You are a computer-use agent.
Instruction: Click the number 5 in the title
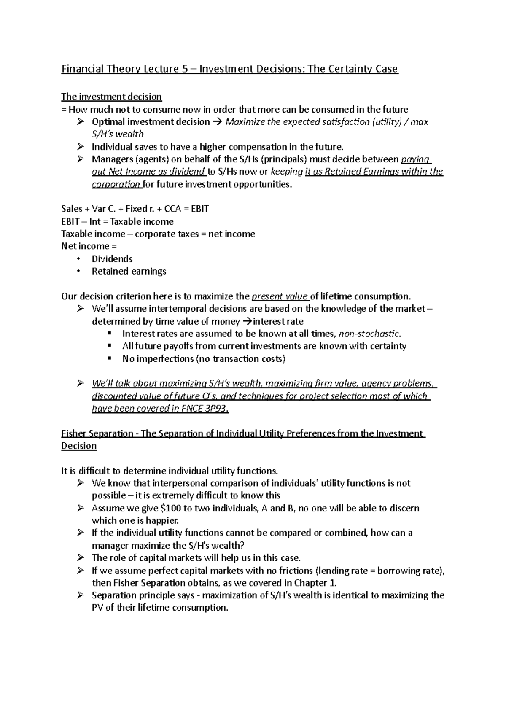[x=185, y=69]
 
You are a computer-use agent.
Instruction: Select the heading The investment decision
[x=111, y=97]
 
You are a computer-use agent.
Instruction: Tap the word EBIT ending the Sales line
[x=199, y=209]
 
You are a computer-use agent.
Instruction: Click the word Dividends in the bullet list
[x=112, y=259]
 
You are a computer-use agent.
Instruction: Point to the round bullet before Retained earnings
[x=78, y=272]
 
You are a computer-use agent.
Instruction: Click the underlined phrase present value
[x=279, y=296]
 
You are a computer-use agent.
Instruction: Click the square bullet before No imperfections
[x=110, y=358]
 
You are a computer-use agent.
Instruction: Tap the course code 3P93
[x=215, y=409]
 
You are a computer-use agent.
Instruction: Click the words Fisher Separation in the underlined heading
[x=97, y=433]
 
